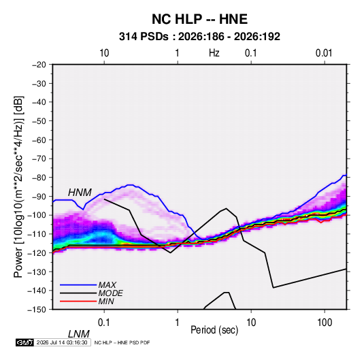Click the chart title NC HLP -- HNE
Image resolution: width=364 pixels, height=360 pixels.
tap(199, 19)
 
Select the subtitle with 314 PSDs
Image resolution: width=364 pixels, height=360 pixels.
tap(199, 37)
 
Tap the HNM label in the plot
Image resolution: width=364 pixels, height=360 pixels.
tap(80, 193)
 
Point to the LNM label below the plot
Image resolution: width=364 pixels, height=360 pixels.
tap(78, 334)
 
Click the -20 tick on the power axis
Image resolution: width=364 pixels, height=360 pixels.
tap(39, 65)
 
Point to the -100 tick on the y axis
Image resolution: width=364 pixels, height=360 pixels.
tap(37, 215)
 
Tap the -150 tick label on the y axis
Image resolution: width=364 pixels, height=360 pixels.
tap(37, 310)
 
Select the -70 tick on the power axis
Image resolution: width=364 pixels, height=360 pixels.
tap(39, 159)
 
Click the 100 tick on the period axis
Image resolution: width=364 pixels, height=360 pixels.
tap(325, 323)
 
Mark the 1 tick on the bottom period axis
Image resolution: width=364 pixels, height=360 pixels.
tap(178, 323)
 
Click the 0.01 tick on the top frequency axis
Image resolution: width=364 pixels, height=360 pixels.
tap(324, 53)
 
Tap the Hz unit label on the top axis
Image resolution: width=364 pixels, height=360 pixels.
tap(214, 53)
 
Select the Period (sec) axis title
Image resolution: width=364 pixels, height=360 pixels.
tap(214, 330)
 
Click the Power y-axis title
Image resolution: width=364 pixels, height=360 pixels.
tap(18, 187)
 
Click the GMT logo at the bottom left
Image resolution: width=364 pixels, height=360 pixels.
tap(24, 342)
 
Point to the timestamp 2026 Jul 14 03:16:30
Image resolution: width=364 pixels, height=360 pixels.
tap(62, 342)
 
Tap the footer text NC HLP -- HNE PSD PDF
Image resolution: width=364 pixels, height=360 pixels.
tap(122, 342)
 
